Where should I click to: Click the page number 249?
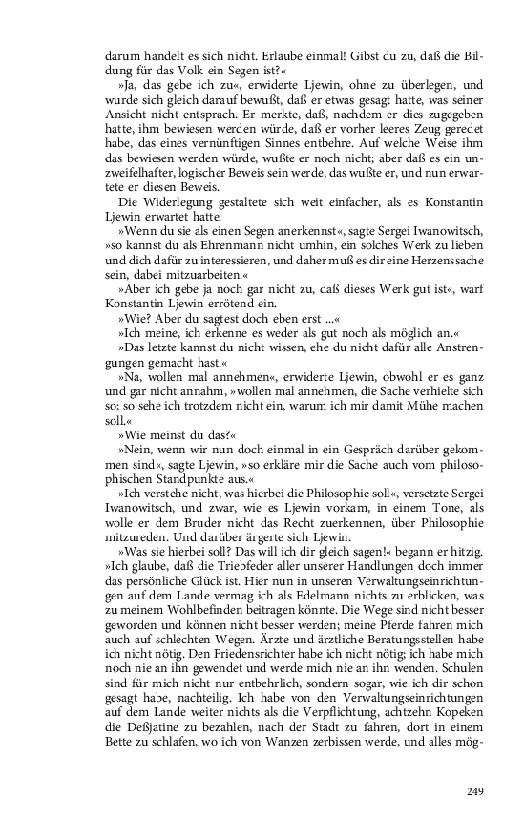(x=476, y=791)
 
